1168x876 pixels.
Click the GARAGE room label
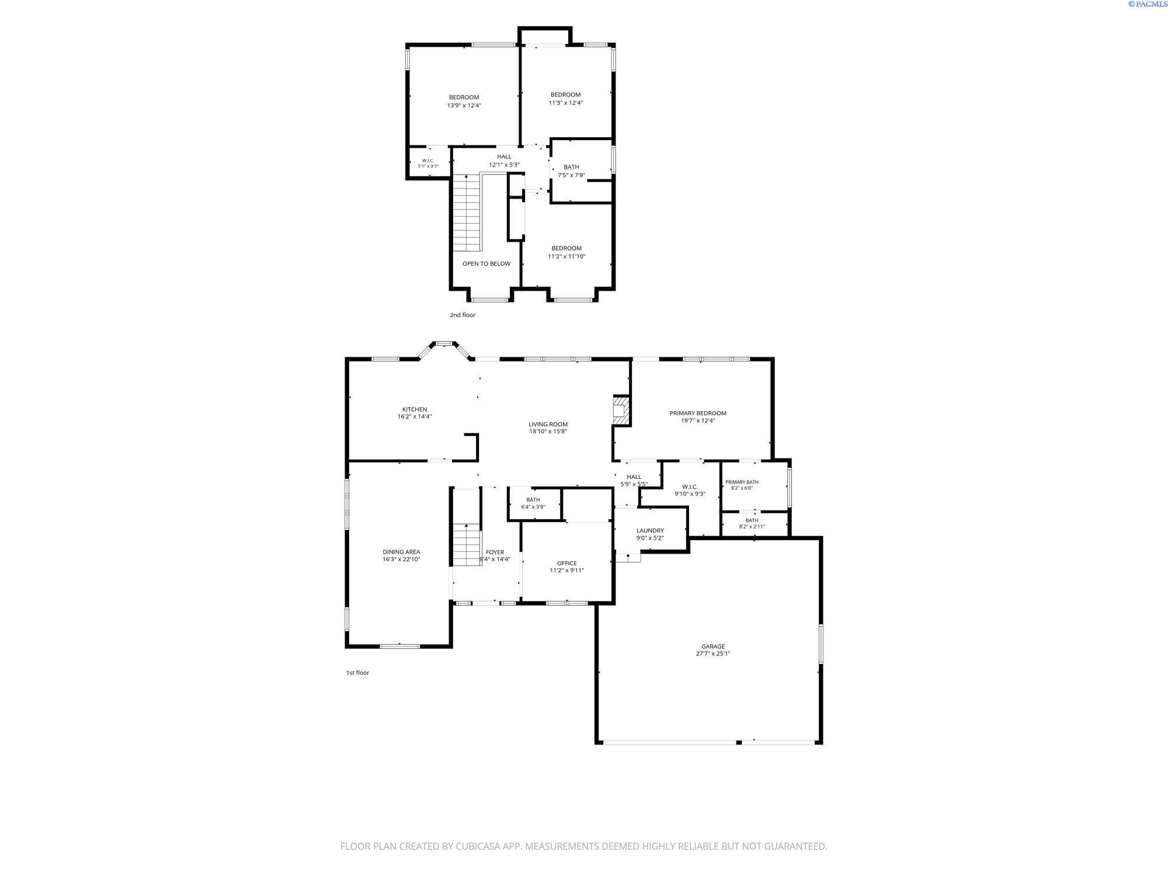pos(713,646)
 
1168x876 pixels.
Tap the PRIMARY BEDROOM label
pos(698,413)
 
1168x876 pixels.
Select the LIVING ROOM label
pos(548,424)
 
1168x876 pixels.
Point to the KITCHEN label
pos(415,409)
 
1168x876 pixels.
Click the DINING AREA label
pos(401,552)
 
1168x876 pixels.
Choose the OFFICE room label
pos(566,563)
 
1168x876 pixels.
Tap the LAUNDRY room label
pos(650,530)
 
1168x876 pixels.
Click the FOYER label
pos(495,552)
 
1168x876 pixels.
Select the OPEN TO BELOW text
pos(486,263)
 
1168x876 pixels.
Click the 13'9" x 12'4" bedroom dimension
pos(464,106)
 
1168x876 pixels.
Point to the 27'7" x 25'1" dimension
pos(713,653)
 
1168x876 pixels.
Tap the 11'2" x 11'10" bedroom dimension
pos(566,256)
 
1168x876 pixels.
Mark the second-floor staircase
pos(467,213)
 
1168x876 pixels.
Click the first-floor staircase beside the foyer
pos(467,544)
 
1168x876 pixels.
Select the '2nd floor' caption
pos(463,315)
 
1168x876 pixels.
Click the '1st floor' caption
pos(357,672)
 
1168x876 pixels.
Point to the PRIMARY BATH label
pos(742,482)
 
